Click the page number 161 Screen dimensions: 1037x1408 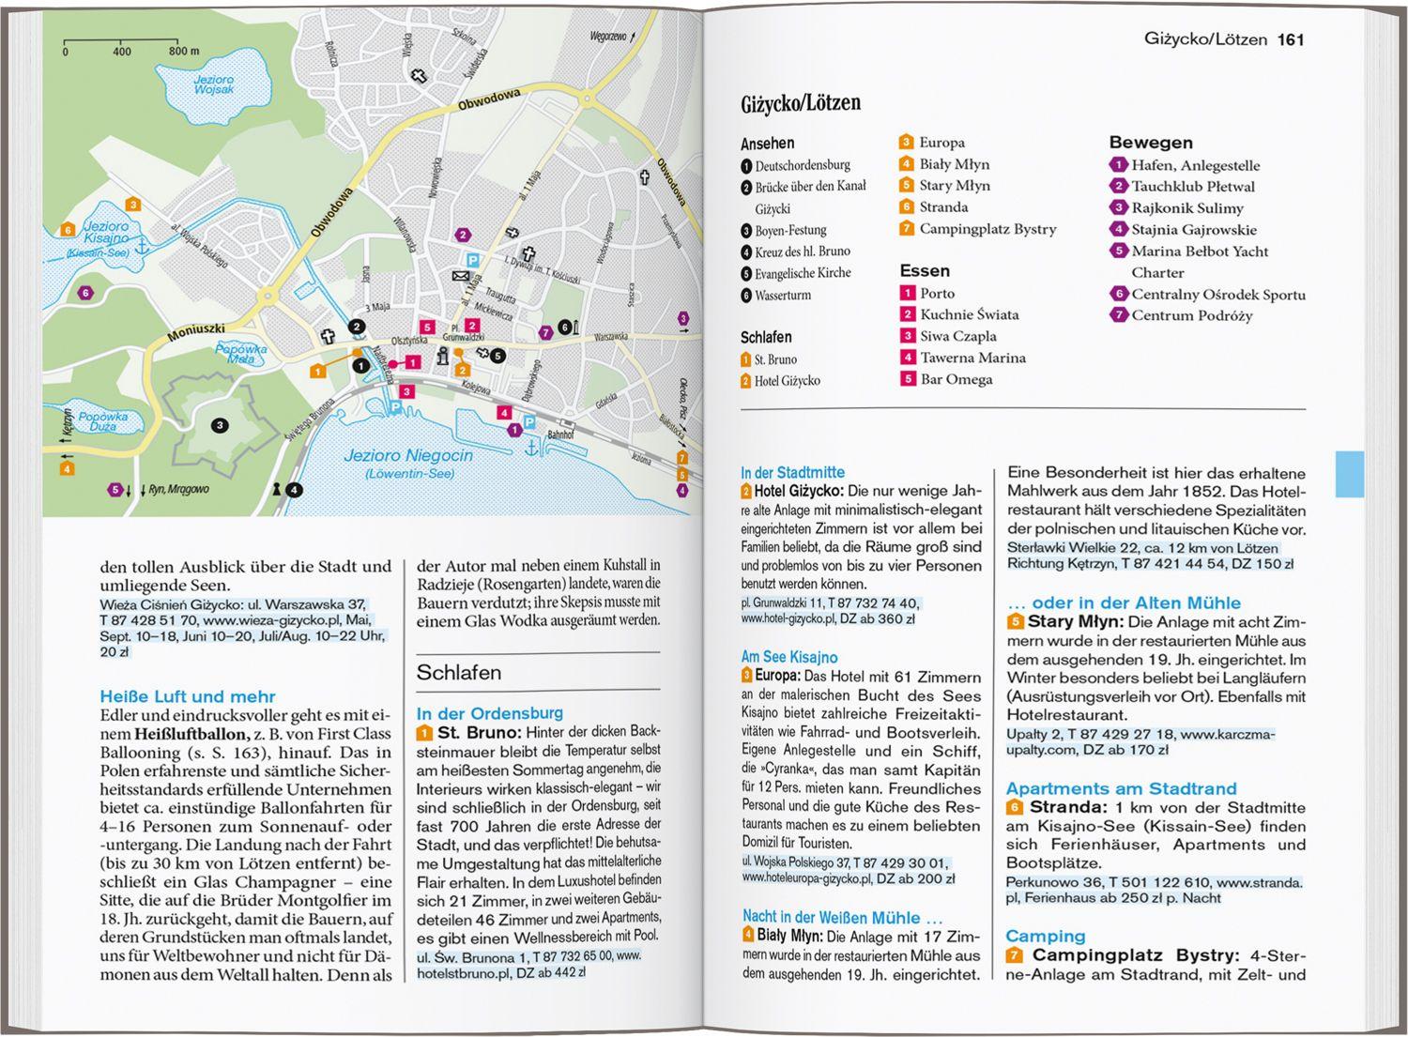coord(1291,39)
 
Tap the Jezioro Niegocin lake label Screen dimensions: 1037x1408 coord(407,456)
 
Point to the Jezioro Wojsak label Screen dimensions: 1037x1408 coord(214,84)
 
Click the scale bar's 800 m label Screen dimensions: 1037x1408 coord(184,52)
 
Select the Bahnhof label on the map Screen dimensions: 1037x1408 coord(560,435)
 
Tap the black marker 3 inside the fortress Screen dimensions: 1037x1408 coord(220,426)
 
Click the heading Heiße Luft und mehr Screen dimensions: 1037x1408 coord(188,696)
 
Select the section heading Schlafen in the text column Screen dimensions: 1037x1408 coord(459,672)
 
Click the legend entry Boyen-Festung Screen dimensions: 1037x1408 coord(790,230)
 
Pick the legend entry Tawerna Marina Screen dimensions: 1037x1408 coord(972,358)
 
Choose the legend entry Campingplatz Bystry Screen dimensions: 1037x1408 coord(987,229)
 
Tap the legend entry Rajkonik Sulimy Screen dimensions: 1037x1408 coord(1186,208)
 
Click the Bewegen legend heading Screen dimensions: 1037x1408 coord(1151,143)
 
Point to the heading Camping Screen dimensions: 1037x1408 coord(1045,936)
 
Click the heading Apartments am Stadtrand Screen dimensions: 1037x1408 coord(1121,788)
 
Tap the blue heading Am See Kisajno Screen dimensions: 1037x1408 coord(788,657)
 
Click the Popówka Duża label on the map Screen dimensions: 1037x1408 coord(103,421)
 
